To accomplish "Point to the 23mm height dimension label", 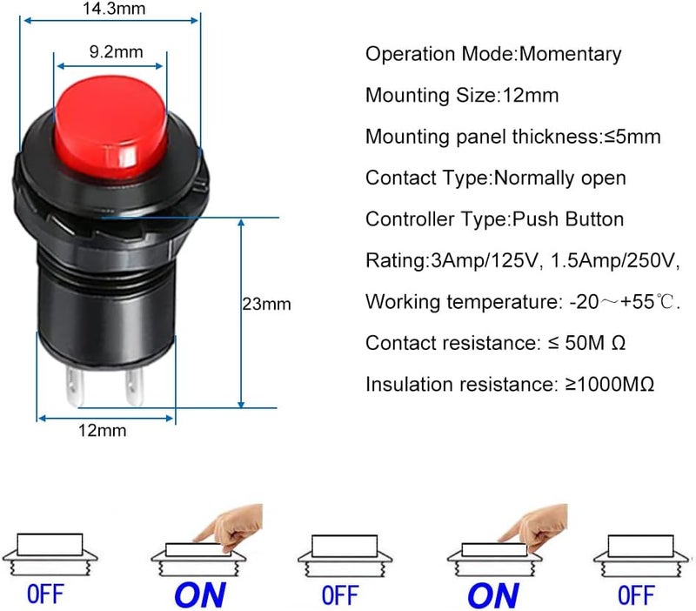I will pos(266,305).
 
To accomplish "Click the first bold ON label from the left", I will pos(199,595).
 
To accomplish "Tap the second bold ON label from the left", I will pos(492,595).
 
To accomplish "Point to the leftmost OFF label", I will pos(45,595).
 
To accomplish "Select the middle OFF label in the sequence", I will pos(339,595).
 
